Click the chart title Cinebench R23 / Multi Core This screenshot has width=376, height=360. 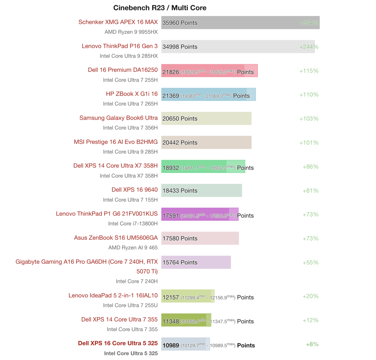pyautogui.click(x=160, y=8)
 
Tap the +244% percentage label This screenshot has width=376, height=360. pyautogui.click(x=309, y=47)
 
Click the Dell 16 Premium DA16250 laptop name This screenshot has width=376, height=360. pyautogui.click(x=123, y=70)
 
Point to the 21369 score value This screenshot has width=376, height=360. pyautogui.click(x=171, y=96)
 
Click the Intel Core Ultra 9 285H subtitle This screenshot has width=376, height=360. pyautogui.click(x=130, y=152)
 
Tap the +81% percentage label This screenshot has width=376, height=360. pyautogui.click(x=310, y=190)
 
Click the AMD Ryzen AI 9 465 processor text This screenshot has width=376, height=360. pyautogui.click(x=133, y=248)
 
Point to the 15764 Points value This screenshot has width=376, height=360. pyautogui.click(x=180, y=263)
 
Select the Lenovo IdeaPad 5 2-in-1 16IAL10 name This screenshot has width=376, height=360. pyautogui.click(x=113, y=295)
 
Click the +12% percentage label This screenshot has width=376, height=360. pyautogui.click(x=310, y=320)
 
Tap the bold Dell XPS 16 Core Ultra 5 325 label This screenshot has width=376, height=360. pyautogui.click(x=118, y=343)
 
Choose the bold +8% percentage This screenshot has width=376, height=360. pyautogui.click(x=312, y=344)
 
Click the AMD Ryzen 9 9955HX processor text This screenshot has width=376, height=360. pyautogui.click(x=131, y=32)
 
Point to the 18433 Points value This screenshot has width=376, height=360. pyautogui.click(x=180, y=190)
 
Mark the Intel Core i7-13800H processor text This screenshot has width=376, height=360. pyautogui.click(x=133, y=223)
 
